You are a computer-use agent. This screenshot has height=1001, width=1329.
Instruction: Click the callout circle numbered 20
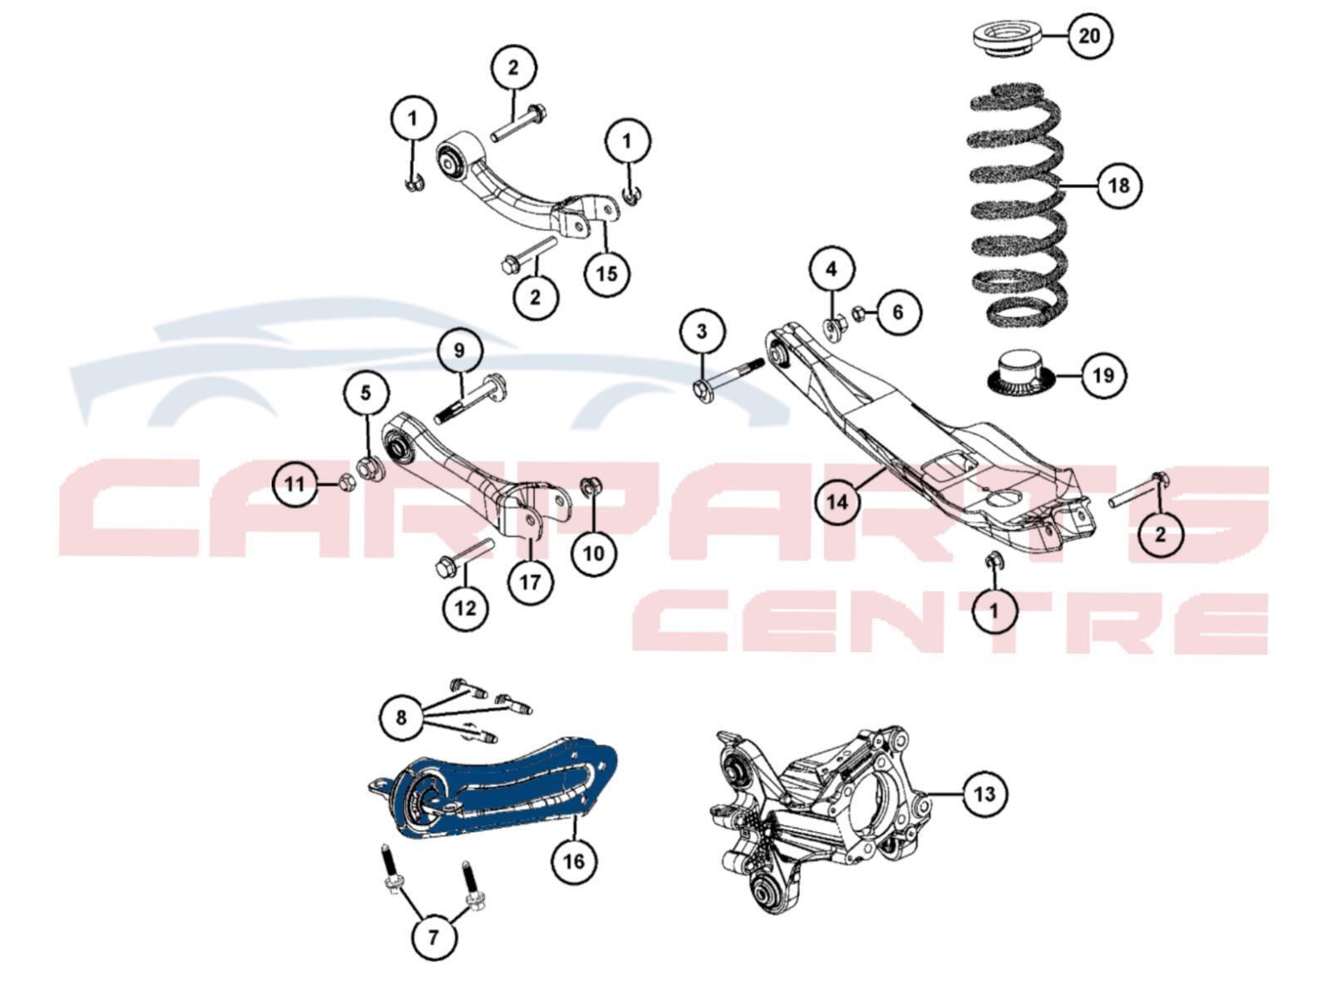(1089, 36)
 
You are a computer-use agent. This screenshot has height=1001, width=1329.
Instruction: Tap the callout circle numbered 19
(1104, 375)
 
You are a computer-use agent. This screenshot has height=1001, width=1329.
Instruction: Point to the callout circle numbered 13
(985, 793)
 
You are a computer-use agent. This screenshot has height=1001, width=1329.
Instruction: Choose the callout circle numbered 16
(574, 861)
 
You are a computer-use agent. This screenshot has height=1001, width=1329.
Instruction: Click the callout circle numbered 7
(434, 937)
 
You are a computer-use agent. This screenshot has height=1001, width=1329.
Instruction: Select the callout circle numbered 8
(401, 719)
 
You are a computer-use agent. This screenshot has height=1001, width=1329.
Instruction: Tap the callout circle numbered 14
(838, 501)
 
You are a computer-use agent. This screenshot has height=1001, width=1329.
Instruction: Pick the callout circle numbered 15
(606, 273)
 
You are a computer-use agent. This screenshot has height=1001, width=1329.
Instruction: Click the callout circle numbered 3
(702, 331)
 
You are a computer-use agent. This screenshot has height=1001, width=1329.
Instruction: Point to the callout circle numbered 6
(898, 312)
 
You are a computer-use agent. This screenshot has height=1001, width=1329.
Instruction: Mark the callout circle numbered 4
(832, 269)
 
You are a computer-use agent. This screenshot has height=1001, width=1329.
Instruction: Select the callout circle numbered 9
(459, 350)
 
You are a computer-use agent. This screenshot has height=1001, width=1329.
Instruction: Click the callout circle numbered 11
(295, 484)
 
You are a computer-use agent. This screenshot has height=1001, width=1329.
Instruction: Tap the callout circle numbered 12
(465, 607)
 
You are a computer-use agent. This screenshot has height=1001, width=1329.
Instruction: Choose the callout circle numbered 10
(593, 553)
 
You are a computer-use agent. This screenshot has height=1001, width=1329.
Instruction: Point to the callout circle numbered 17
(530, 582)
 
